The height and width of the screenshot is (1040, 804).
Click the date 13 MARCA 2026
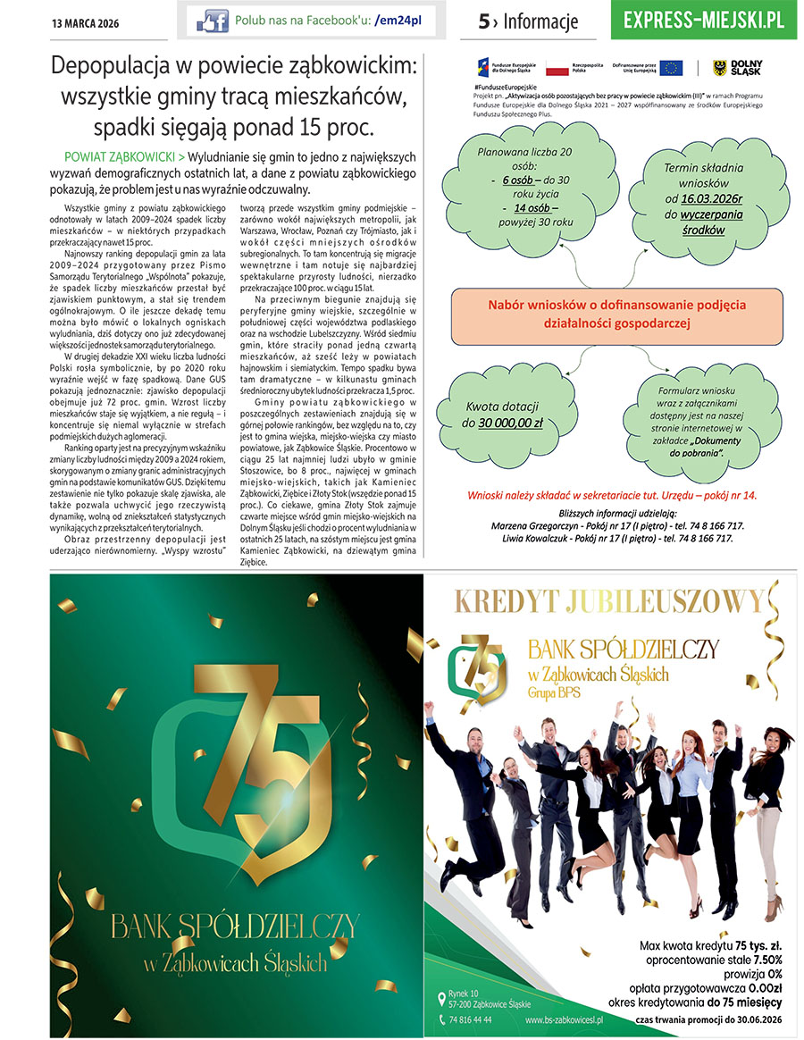tap(87, 21)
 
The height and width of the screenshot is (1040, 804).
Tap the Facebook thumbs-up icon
tap(213, 20)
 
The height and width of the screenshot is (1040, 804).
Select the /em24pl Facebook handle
tap(399, 20)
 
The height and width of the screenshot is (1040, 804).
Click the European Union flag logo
tap(671, 67)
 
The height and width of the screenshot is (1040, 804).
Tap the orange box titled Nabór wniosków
tap(616, 315)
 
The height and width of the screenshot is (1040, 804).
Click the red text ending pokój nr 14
tap(612, 494)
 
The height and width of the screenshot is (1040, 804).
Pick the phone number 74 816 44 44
tap(470, 1019)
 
